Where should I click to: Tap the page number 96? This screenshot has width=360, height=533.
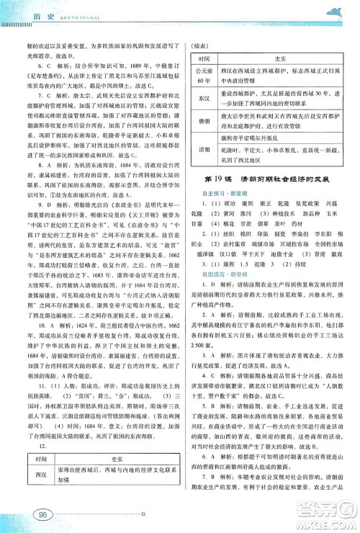pyautogui.click(x=42, y=514)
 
